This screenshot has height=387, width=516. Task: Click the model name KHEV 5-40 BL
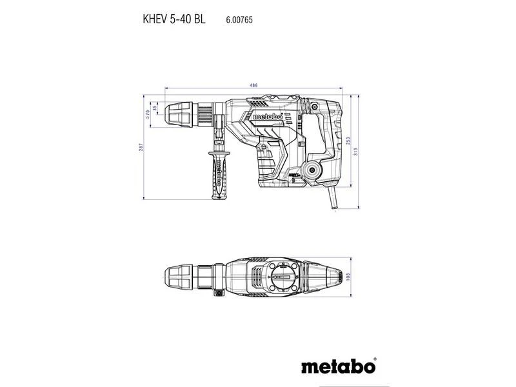tap(174, 19)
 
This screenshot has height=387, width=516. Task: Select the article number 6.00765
tap(239, 20)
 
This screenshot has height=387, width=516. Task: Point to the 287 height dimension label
tap(140, 148)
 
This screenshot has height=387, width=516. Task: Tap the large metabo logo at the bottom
tap(339, 367)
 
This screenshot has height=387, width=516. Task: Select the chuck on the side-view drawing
tap(184, 114)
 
